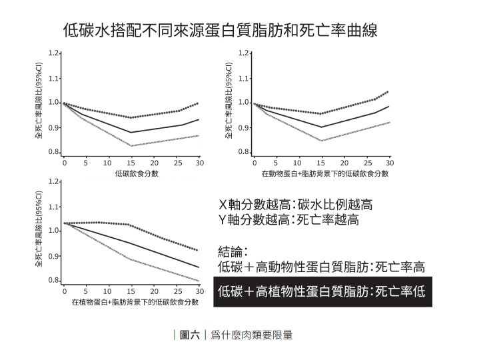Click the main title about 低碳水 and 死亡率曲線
click(x=221, y=30)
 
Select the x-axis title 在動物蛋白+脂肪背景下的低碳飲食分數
click(x=324, y=174)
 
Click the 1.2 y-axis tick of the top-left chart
click(x=53, y=53)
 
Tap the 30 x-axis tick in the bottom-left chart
click(x=200, y=292)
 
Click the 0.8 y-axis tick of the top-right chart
click(x=244, y=153)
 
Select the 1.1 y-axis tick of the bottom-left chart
click(x=53, y=206)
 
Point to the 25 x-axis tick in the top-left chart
click(x=177, y=163)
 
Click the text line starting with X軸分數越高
click(x=296, y=205)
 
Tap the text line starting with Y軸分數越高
click(x=289, y=220)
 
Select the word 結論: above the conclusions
click(x=234, y=252)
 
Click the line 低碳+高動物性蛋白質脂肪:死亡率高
click(x=322, y=267)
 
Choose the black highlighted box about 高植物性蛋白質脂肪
click(x=322, y=292)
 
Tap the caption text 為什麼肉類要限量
click(x=251, y=335)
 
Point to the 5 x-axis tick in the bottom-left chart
click(x=85, y=292)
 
